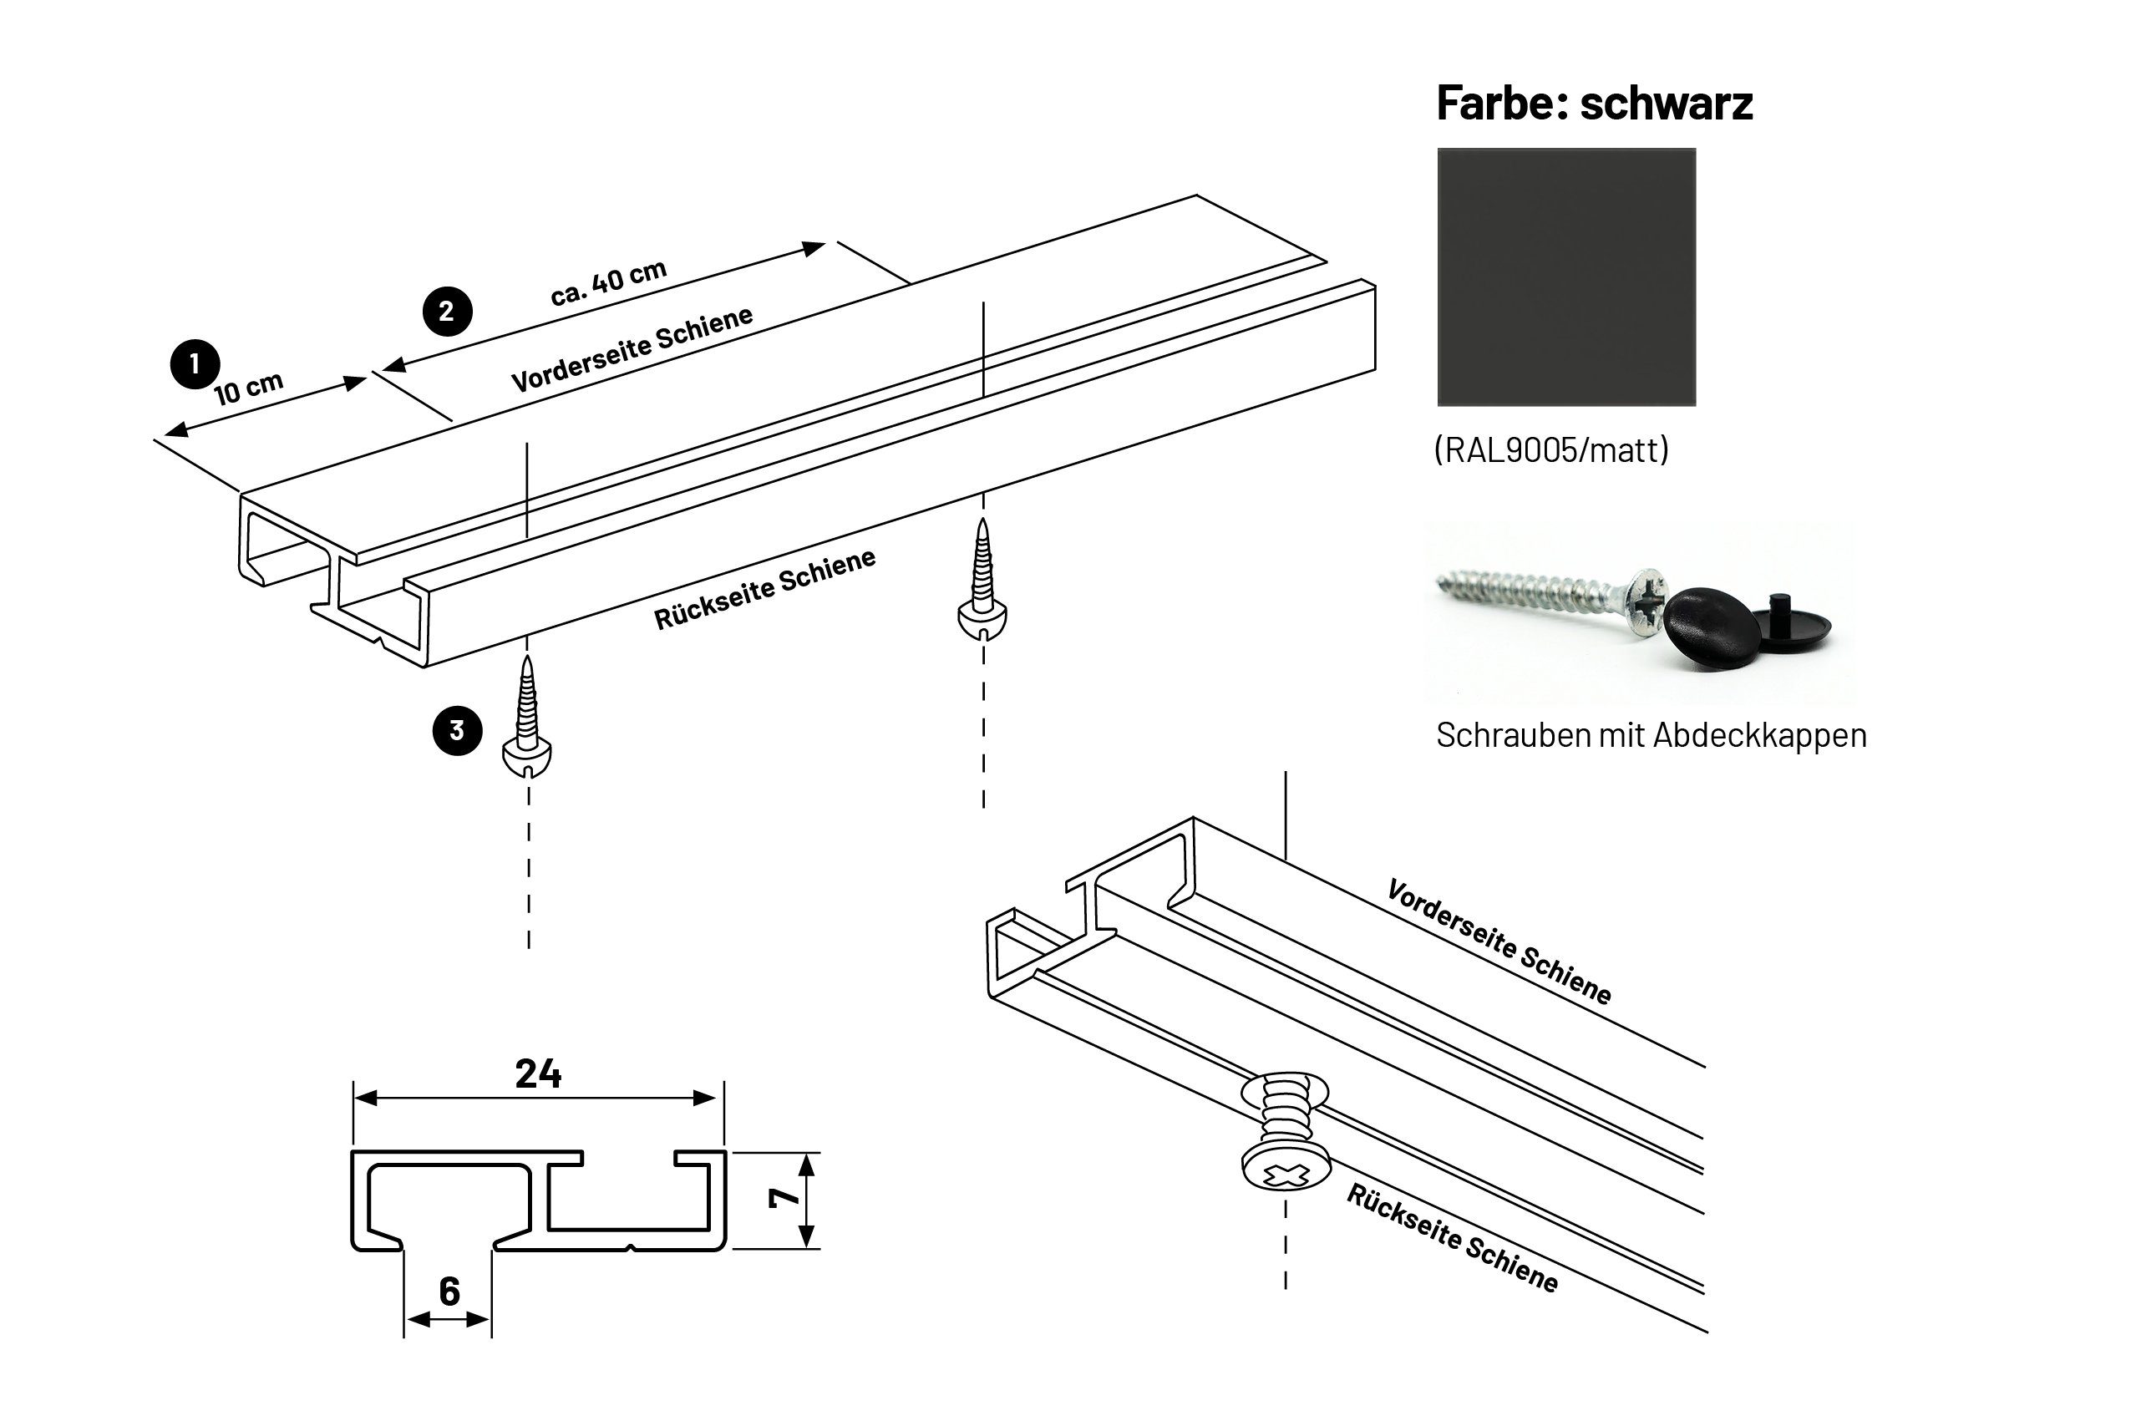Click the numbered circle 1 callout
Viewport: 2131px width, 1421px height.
click(195, 364)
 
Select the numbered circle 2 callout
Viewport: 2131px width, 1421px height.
click(447, 311)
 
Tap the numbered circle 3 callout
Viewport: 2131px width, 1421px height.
click(457, 730)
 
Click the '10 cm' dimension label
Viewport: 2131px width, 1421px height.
click(248, 388)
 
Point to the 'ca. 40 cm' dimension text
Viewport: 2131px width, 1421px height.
click(608, 282)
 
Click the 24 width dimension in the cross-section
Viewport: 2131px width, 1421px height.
click(538, 1074)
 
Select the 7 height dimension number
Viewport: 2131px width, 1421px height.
click(784, 1197)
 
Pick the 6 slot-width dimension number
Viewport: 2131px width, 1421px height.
click(449, 1292)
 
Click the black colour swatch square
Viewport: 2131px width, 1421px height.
click(1565, 277)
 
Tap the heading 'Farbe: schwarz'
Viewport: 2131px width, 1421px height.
click(1594, 103)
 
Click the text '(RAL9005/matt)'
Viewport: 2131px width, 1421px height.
click(1550, 449)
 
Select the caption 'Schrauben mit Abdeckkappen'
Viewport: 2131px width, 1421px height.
click(1651, 735)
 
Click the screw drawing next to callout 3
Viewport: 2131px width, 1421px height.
click(526, 720)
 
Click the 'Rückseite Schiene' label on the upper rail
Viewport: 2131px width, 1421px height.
click(764, 589)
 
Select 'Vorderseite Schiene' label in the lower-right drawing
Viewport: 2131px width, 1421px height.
click(1499, 941)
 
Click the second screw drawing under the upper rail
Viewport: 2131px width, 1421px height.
click(982, 583)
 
